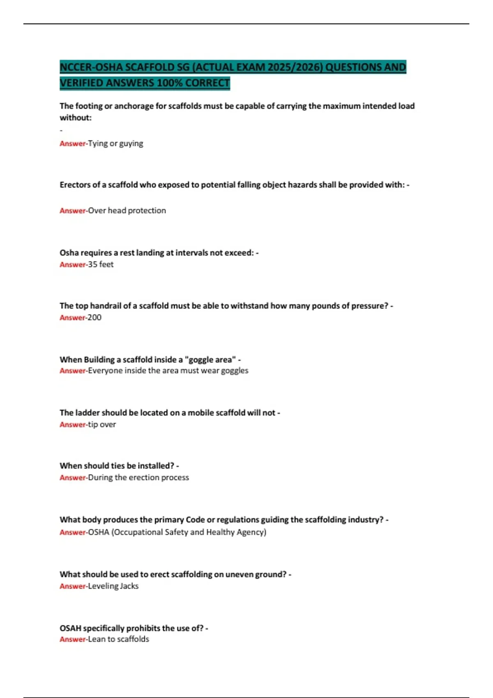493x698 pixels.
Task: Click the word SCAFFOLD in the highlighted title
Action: [149, 67]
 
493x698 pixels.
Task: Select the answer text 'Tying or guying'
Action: [115, 143]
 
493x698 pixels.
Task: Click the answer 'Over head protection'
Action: [127, 211]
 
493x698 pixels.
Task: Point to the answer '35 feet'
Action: [101, 264]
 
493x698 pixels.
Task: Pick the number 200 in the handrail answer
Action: [94, 317]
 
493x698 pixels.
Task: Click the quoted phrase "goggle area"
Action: [210, 360]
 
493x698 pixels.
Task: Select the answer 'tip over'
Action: [102, 425]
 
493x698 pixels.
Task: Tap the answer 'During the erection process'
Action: [138, 478]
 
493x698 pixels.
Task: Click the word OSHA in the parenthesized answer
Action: [99, 532]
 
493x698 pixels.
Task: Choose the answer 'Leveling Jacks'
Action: [113, 586]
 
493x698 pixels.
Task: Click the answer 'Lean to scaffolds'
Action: [118, 639]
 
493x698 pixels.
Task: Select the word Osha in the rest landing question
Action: [69, 253]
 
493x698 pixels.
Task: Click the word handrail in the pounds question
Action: [106, 306]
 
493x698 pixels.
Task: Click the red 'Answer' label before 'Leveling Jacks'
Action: [72, 586]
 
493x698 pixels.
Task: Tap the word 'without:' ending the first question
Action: [76, 118]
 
